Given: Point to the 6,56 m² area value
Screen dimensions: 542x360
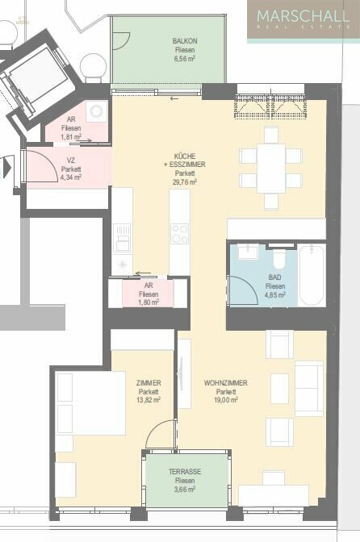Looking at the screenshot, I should tap(184, 59).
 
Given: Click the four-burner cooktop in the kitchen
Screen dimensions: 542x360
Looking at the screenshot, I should tap(179, 234).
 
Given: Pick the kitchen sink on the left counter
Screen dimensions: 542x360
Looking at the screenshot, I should tap(122, 237).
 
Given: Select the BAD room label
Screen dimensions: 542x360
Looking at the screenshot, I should tap(275, 277).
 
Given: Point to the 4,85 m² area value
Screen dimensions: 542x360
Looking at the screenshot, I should tap(275, 295).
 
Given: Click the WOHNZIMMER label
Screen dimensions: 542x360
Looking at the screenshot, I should tap(226, 383).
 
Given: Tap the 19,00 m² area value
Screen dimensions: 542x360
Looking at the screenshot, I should tap(226, 400).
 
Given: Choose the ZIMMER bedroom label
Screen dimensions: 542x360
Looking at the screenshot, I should tap(149, 383).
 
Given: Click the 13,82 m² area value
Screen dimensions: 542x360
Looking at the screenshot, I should tap(149, 400).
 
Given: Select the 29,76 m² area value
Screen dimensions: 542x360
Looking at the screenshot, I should tap(185, 182).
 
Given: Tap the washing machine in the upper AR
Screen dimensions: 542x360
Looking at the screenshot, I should tap(97, 111).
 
